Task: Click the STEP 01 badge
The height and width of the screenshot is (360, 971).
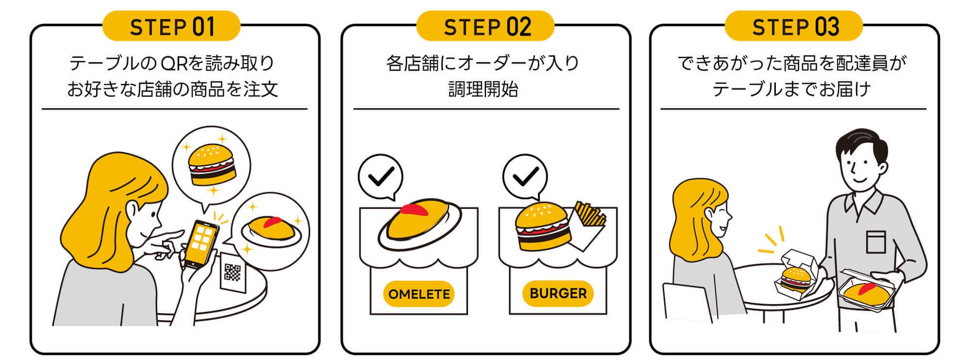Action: pos(171,26)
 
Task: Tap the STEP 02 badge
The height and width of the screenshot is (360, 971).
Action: pos(485,26)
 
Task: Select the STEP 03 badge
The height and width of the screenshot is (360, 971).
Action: pos(794,26)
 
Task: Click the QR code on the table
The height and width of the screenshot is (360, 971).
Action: pos(232,272)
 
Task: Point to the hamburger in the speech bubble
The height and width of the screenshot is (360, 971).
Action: pos(212,165)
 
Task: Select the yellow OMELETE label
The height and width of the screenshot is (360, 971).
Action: pos(419,294)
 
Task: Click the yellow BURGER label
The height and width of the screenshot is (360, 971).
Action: pos(558,293)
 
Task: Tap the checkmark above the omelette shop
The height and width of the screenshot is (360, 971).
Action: pos(381,176)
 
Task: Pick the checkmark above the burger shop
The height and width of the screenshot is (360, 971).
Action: pos(525,176)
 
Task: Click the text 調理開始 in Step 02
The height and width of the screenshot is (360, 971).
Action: pos(483,89)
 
